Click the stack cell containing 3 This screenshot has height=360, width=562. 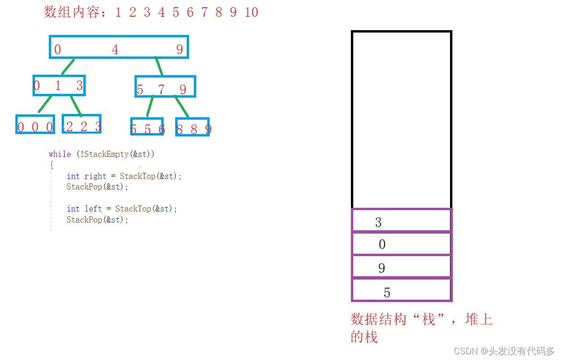[401, 221]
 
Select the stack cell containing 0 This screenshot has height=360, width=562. [401, 244]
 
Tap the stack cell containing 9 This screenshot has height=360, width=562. [401, 267]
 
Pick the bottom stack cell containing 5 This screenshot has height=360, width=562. [401, 290]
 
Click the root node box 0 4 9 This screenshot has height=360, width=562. [119, 47]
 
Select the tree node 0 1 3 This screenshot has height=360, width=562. [59, 86]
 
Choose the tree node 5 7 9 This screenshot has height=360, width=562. [165, 87]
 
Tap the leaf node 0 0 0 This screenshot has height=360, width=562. [35, 124]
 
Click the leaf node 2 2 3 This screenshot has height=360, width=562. [82, 124]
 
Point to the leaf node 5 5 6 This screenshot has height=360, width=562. [147, 127]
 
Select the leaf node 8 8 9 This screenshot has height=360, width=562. [192, 127]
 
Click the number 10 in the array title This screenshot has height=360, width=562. [251, 12]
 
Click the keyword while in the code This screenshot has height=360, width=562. [59, 154]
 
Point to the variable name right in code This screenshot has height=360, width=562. [95, 176]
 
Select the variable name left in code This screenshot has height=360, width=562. [93, 209]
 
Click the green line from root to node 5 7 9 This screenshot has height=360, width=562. [159, 67]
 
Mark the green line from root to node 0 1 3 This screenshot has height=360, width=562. [68, 67]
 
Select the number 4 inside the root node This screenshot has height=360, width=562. [115, 49]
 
